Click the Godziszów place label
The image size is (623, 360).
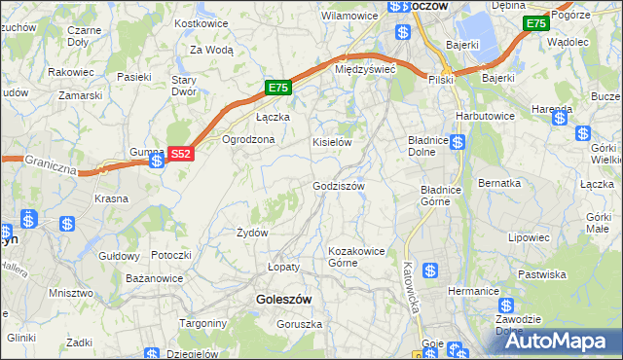pos(338,186)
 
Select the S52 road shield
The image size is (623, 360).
pos(181,154)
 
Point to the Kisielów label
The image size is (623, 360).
pos(331,142)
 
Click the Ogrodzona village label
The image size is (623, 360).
pos(249,139)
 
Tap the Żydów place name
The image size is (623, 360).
pos(252,233)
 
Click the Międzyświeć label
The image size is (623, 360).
pos(364,70)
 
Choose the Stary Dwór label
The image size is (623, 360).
pos(184,86)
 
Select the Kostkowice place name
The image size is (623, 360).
pos(201,22)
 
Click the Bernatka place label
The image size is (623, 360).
pos(499,182)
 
